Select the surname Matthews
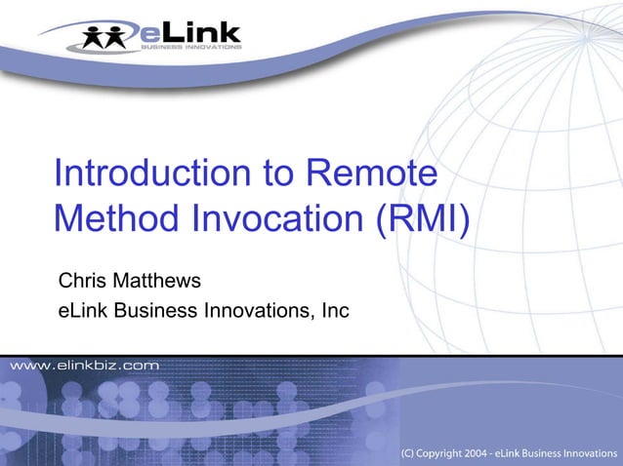pos(159,282)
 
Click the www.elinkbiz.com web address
pos(85,365)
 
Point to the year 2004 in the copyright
pos(478,454)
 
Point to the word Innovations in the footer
pos(584,454)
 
